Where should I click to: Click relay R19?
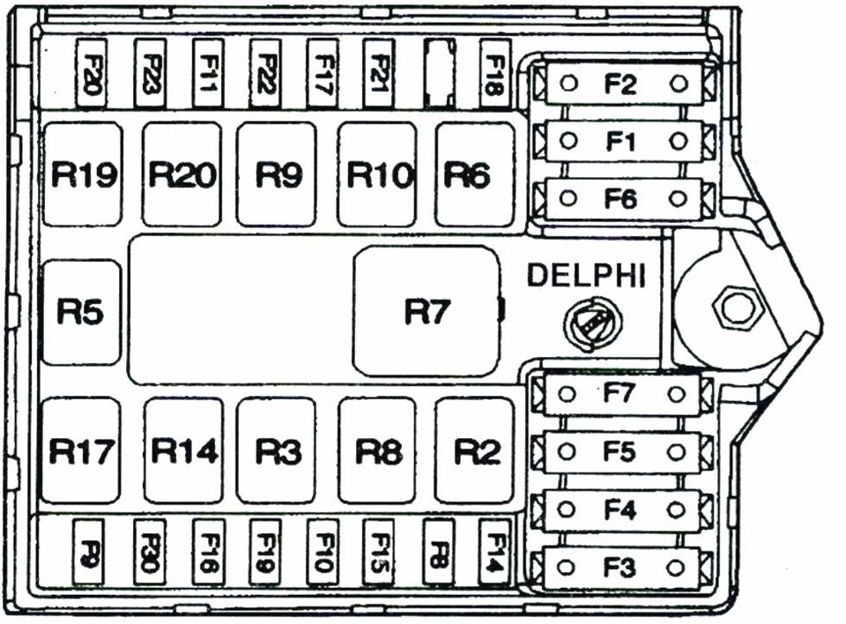click(x=82, y=175)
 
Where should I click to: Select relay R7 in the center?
click(x=427, y=311)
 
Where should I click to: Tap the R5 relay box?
click(x=80, y=312)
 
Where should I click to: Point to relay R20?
click(x=182, y=175)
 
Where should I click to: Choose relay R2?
click(x=476, y=450)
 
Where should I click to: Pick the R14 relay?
click(x=183, y=450)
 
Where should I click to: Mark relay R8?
click(x=377, y=450)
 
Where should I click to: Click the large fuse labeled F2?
click(x=621, y=84)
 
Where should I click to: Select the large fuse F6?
click(x=621, y=198)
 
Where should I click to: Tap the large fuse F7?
click(x=621, y=394)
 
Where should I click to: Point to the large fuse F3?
click(x=621, y=568)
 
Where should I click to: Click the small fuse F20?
click(x=92, y=73)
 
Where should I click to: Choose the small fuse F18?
click(x=494, y=73)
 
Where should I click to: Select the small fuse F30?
click(x=148, y=553)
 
